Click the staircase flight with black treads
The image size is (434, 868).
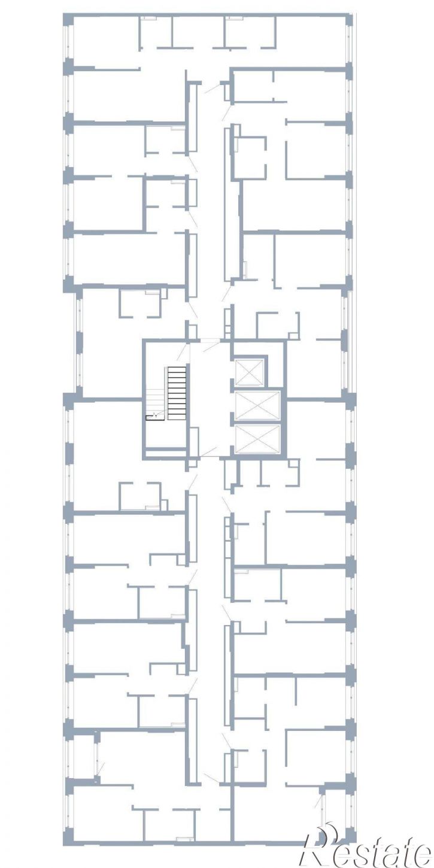tap(178, 393)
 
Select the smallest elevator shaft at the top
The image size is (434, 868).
tap(249, 373)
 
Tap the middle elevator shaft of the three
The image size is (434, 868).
tap(257, 406)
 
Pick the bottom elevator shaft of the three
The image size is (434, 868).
tap(257, 439)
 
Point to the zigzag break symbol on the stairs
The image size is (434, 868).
tap(154, 416)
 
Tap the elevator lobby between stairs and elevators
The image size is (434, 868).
tap(211, 399)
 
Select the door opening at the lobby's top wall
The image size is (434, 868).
tap(210, 341)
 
